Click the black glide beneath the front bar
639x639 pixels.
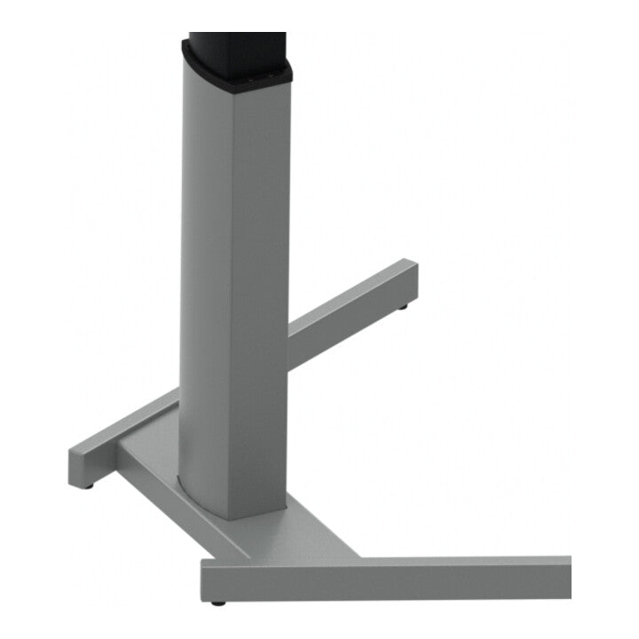point(217,603)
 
